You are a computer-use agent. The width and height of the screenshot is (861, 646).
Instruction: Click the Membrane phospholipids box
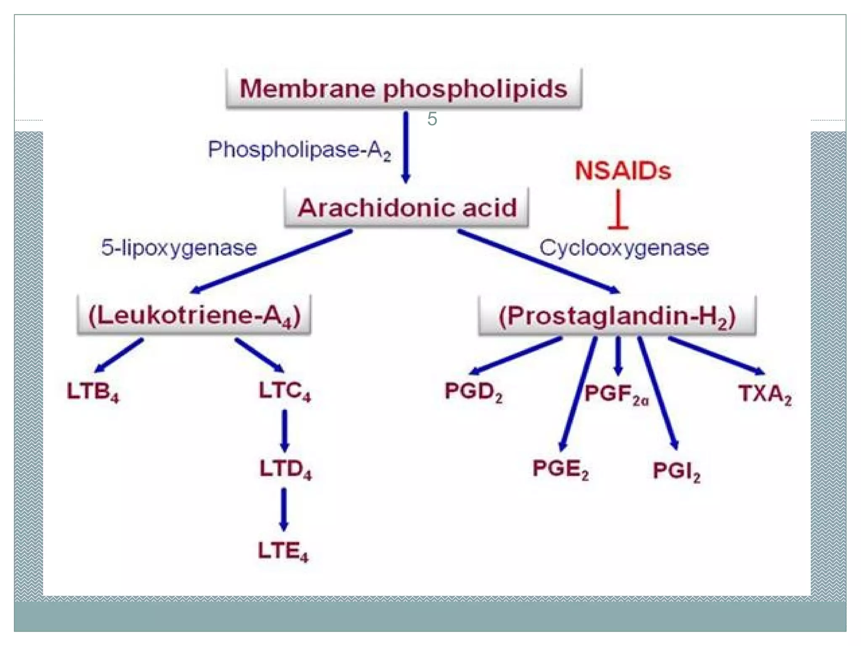[x=404, y=89]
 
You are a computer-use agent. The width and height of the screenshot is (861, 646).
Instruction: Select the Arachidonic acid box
[x=407, y=208]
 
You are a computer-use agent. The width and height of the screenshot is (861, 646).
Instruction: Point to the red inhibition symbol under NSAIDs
[x=618, y=210]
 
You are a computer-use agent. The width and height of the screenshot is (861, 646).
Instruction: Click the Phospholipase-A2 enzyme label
[x=299, y=150]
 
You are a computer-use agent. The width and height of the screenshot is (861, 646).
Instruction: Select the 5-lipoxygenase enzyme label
[x=179, y=248]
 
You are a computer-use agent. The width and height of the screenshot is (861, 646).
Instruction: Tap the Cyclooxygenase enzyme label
[x=624, y=248]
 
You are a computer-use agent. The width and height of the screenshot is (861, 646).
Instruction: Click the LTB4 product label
[x=93, y=392]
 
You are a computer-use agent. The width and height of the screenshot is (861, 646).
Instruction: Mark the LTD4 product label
[x=285, y=469]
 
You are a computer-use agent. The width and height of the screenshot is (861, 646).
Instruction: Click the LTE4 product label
[x=283, y=551]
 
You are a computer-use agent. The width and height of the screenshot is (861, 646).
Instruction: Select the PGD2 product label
[x=473, y=392]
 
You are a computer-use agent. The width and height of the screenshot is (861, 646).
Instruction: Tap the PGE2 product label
[x=560, y=469]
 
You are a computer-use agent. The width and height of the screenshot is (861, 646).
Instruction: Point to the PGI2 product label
[x=676, y=471]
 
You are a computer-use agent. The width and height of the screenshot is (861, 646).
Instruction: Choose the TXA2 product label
[x=765, y=394]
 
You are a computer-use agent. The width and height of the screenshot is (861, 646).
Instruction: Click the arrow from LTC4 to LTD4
[x=285, y=430]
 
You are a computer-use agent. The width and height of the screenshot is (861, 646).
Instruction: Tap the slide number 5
[x=432, y=119]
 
